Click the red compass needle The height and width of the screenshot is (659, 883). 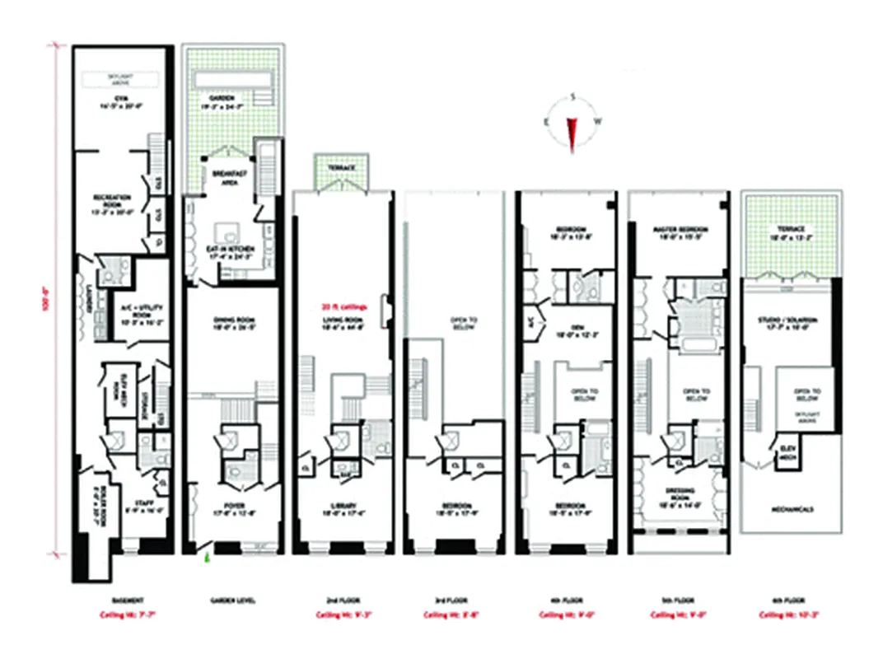pos(572,131)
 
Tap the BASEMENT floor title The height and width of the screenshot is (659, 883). pos(124,601)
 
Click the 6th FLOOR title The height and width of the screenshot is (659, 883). pos(790,601)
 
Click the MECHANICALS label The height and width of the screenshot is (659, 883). pos(792,509)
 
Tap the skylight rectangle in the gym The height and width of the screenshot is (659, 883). pos(121,79)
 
